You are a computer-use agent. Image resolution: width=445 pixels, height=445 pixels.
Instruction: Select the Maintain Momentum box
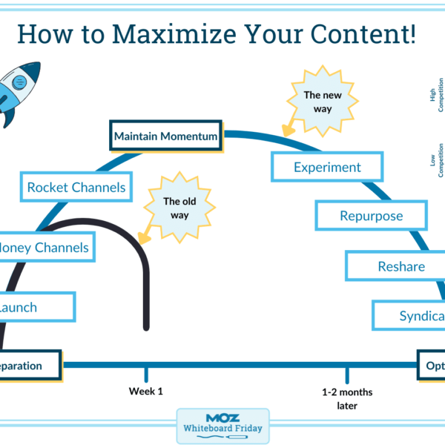point(165,136)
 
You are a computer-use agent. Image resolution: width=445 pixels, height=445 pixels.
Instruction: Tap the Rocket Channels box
point(76,187)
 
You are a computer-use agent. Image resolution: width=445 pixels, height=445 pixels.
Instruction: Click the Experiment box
point(327,167)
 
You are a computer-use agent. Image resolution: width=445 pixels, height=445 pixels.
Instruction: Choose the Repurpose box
point(371,216)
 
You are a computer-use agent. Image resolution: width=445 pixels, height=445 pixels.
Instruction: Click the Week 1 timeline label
point(145,391)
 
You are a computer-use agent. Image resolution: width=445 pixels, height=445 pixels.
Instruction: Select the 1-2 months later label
point(347,398)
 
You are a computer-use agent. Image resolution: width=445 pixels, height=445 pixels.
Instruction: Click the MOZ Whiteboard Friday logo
point(222,426)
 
